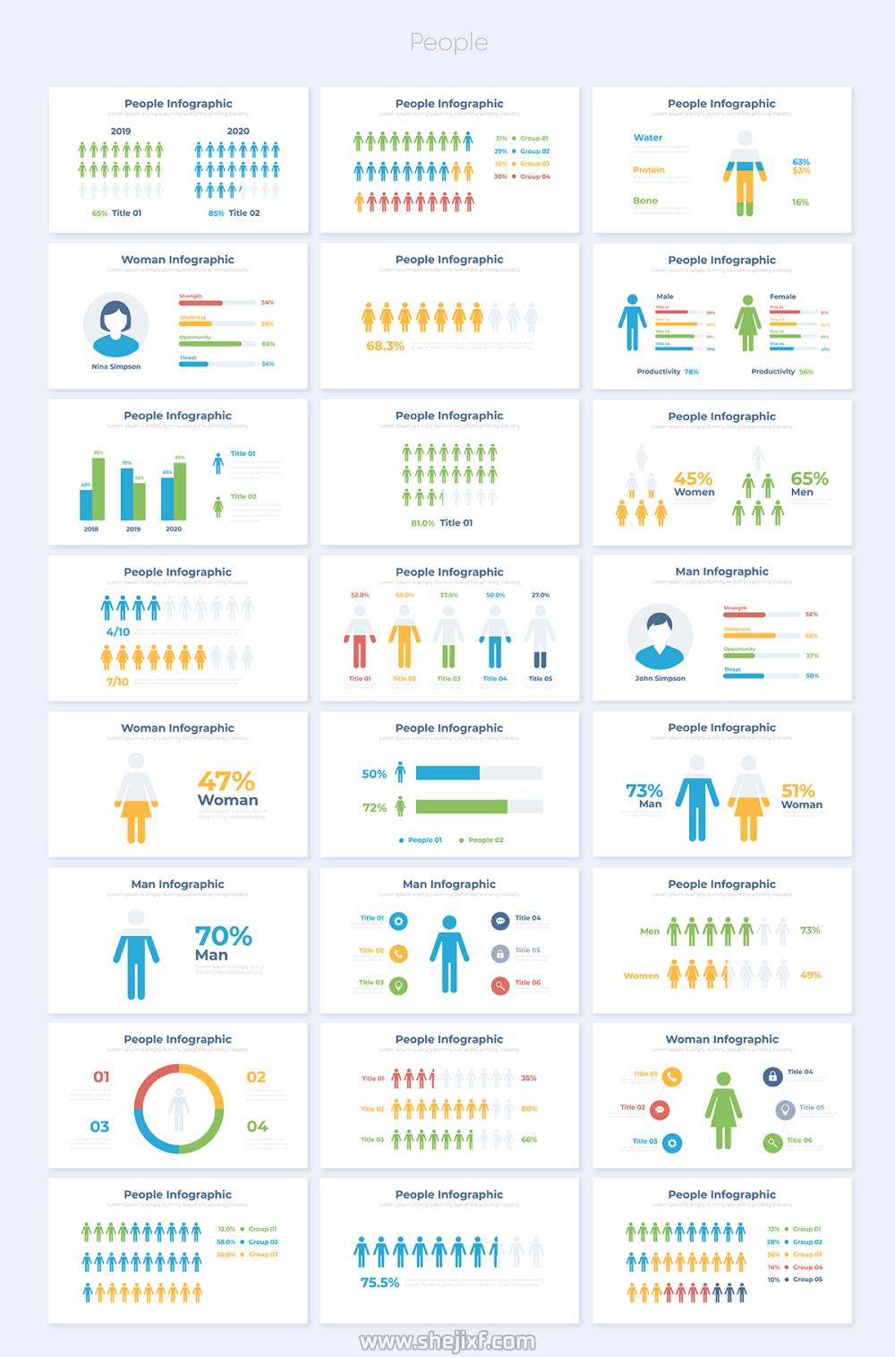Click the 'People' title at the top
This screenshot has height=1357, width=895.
pos(448,42)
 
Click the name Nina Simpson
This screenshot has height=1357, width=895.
pos(115,366)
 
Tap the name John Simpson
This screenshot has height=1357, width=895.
pos(660,678)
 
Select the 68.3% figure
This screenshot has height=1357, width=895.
pos(385,346)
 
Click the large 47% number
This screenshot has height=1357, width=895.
pos(226,781)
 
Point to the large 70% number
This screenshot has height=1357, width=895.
pos(223,936)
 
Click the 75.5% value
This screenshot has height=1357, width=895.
pos(379,1283)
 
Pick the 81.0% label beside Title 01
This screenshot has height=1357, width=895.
pos(422,523)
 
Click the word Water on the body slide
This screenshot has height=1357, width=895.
pos(648,138)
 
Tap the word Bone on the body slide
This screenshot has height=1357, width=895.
pos(645,201)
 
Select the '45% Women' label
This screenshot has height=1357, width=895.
pos(694,484)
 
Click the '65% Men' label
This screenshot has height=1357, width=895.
pos(808,484)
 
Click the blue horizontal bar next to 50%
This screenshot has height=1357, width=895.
pos(447,773)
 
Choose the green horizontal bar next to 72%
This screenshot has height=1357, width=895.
pos(461,807)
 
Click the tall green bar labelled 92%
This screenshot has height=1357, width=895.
pos(98,488)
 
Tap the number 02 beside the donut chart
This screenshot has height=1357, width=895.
pos(256,1077)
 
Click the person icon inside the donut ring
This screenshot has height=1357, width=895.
pos(179,1109)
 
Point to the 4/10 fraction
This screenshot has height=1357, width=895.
pos(118,631)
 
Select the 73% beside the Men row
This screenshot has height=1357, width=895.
pos(809,930)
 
